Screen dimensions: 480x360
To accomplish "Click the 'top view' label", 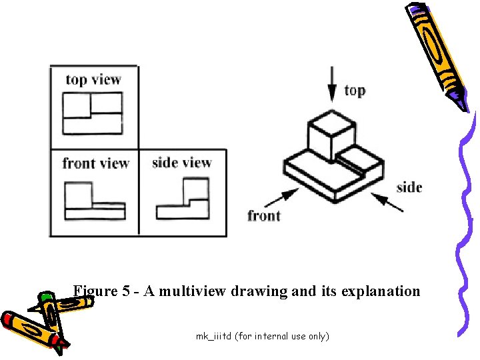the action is click(93, 80).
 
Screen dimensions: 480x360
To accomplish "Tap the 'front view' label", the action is click(95, 163).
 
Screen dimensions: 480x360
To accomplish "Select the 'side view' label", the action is click(181, 163).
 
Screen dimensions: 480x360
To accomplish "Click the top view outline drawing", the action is click(93, 113).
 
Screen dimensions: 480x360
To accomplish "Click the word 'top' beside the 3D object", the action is click(355, 90).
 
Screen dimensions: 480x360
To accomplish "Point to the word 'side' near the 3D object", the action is click(409, 187).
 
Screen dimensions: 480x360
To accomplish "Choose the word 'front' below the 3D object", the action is click(264, 215).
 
